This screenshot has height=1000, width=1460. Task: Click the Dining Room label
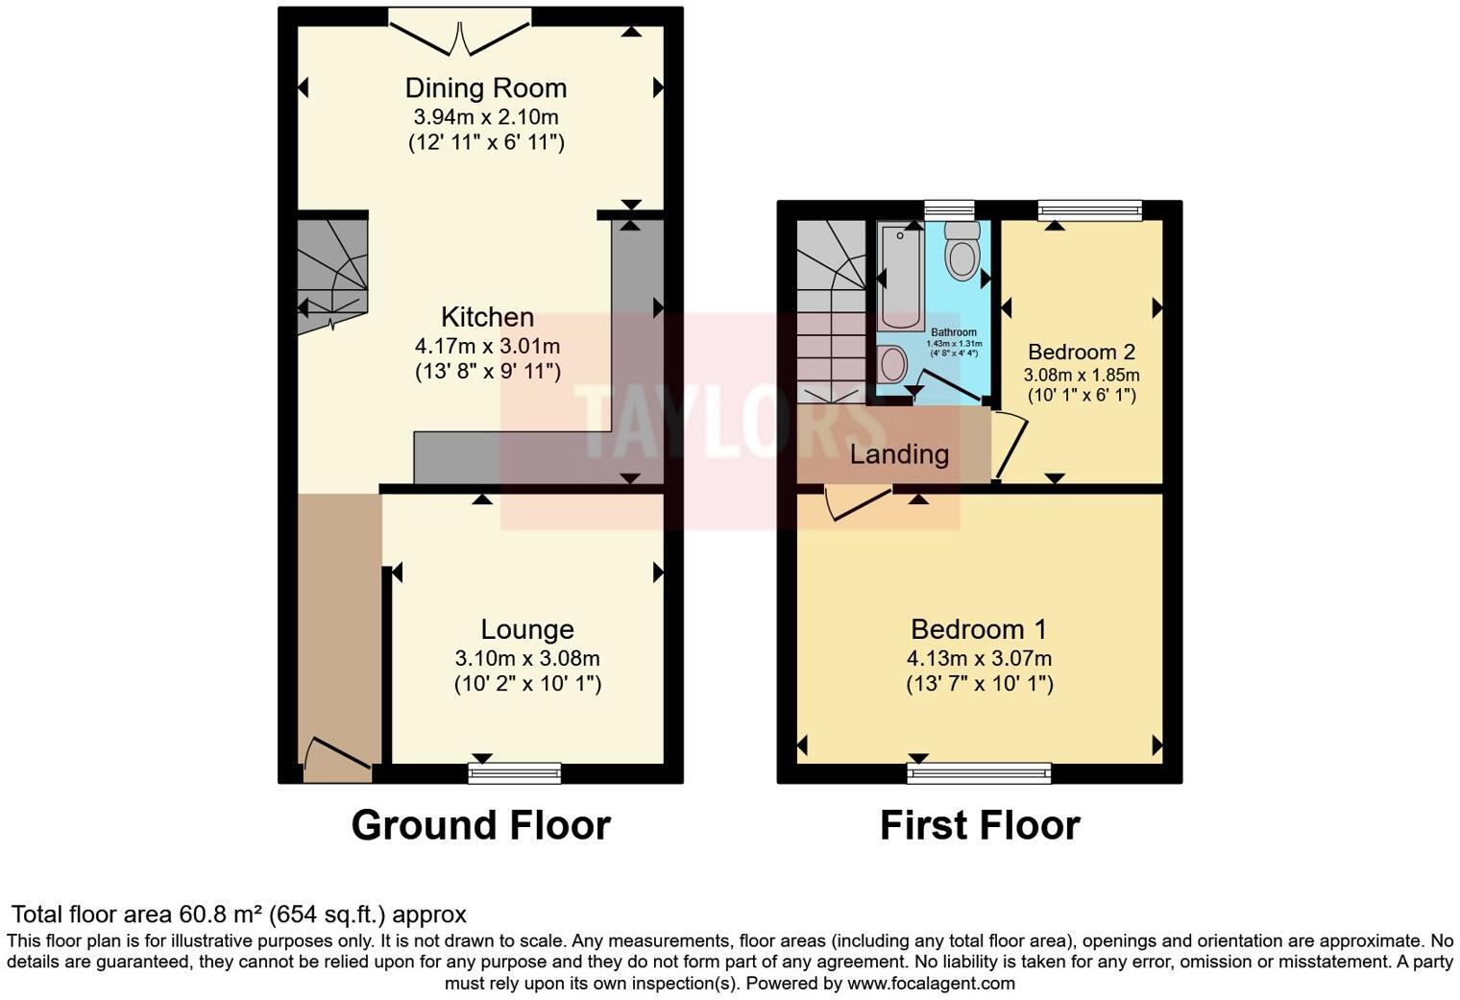[x=485, y=88]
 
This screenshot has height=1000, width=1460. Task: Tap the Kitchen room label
[x=487, y=317]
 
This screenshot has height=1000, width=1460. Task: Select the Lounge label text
[x=527, y=629]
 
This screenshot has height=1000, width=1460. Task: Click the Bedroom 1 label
[x=979, y=629]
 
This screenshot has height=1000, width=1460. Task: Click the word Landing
[x=899, y=454]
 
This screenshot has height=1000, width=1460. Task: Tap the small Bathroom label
[x=953, y=332]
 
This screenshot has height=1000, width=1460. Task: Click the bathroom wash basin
[x=893, y=365]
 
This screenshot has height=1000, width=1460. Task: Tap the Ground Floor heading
[x=480, y=825]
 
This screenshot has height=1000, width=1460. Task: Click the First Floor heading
[x=980, y=825]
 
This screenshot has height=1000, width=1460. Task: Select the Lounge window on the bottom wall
[x=515, y=772]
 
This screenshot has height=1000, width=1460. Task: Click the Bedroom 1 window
[x=980, y=772]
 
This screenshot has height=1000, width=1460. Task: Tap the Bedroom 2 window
[x=1089, y=210]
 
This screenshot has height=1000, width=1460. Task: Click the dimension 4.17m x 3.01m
[x=487, y=346]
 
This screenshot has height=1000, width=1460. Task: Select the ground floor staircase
[x=331, y=274]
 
